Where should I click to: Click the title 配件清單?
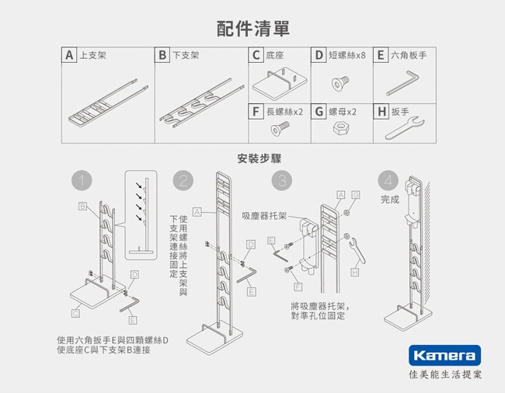pos(253,29)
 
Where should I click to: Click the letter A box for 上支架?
pos(69,55)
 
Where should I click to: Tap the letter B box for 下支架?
pos(162,55)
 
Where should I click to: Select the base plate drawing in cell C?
pos(280,83)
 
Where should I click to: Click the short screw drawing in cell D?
pos(340,83)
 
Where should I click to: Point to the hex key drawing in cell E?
pos(403,83)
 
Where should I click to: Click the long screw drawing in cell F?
pos(280,128)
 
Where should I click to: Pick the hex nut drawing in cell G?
pos(341,128)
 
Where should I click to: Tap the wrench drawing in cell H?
pos(405,128)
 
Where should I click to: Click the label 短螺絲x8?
pos(347,55)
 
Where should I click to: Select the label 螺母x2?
pos(343,112)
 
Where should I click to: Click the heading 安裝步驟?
pos(259,158)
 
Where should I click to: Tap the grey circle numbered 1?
pos(82,180)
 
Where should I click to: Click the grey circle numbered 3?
pos(282,180)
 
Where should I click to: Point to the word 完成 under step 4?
pos(390,200)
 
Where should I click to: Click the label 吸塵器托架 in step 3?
pos(264,216)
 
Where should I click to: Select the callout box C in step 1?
pos(75,313)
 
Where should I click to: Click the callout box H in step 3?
pos(354,273)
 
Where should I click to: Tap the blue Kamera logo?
pos(444,356)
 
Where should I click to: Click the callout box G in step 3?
pos(356,195)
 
